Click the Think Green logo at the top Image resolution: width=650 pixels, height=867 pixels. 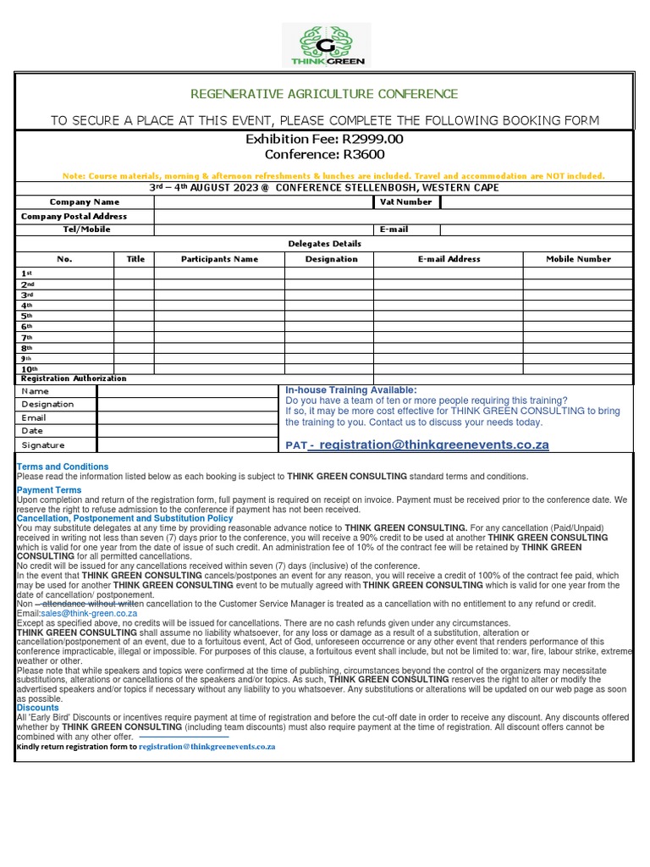pyautogui.click(x=325, y=45)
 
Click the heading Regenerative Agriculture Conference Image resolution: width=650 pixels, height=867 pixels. pyautogui.click(x=324, y=94)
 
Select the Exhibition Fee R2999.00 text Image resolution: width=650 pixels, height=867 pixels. pyautogui.click(x=324, y=139)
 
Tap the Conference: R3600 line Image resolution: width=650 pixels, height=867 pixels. pyautogui.click(x=324, y=154)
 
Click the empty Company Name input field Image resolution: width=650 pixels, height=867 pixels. pyautogui.click(x=263, y=202)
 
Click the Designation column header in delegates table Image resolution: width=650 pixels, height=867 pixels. pyautogui.click(x=331, y=259)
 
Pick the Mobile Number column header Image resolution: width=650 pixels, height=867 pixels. pyautogui.click(x=578, y=259)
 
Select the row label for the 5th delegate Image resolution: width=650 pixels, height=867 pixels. pyautogui.click(x=27, y=315)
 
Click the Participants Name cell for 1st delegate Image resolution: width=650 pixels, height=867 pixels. pyautogui.click(x=219, y=273)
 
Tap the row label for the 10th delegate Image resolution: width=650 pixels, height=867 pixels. pyautogui.click(x=29, y=369)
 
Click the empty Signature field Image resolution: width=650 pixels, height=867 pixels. pyautogui.click(x=190, y=445)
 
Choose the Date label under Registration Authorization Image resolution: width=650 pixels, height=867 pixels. pyautogui.click(x=33, y=431)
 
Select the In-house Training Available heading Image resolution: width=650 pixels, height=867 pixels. pyautogui.click(x=351, y=389)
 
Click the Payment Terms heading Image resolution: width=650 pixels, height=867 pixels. pyautogui.click(x=49, y=490)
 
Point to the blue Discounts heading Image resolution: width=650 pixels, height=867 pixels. pyautogui.click(x=38, y=708)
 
